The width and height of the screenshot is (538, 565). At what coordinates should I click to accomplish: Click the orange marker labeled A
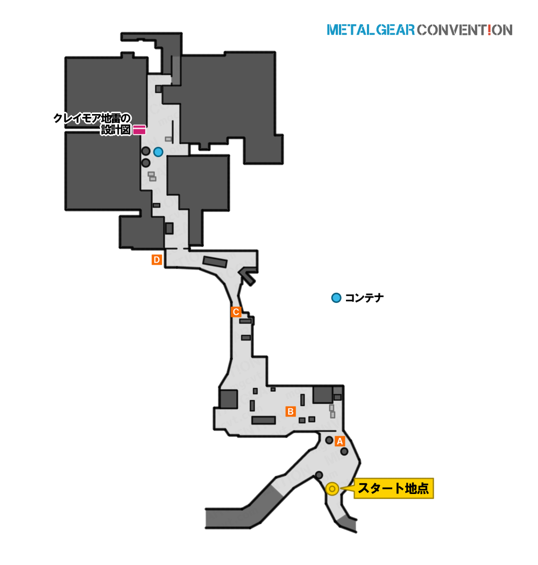339,441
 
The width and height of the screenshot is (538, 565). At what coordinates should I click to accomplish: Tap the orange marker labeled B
291,411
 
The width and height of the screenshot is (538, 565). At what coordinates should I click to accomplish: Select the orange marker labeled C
236,312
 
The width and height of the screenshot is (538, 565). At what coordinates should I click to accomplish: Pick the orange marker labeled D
157,259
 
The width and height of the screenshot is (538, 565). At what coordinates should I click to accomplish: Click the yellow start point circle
332,489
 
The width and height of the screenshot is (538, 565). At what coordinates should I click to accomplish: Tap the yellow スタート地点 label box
393,488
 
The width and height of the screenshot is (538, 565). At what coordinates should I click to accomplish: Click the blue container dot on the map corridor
158,152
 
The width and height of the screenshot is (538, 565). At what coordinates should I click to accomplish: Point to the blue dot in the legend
336,298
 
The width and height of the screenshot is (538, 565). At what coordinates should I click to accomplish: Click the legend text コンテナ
364,298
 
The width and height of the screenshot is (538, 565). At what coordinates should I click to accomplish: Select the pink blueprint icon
139,130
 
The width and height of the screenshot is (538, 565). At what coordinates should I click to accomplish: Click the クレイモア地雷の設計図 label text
92,124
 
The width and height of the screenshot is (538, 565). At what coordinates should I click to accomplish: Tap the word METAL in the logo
351,30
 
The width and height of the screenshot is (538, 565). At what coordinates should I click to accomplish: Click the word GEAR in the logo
395,30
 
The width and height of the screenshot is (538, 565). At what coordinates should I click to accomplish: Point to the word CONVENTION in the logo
465,30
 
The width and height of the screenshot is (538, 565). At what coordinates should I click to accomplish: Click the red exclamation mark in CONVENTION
490,30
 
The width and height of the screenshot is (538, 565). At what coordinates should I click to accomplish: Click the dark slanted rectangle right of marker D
215,262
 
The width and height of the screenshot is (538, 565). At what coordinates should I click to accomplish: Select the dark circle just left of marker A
329,440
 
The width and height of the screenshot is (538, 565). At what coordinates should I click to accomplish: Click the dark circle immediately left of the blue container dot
146,151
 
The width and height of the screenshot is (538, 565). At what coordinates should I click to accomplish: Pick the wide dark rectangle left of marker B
264,420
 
